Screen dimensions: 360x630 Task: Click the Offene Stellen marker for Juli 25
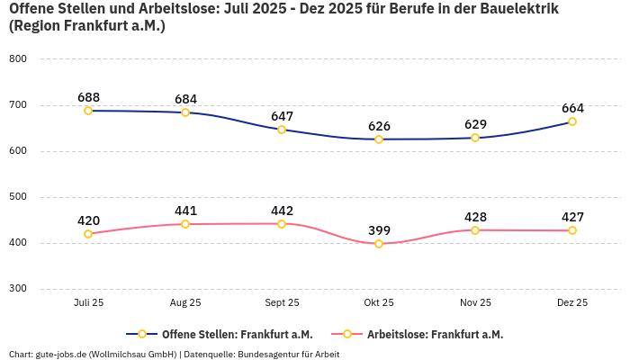(x=88, y=111)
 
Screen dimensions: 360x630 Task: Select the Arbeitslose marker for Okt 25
(x=379, y=244)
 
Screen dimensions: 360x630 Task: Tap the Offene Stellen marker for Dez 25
(x=572, y=121)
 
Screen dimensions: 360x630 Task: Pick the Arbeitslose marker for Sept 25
(x=282, y=223)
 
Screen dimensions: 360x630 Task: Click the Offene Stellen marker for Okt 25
(x=379, y=139)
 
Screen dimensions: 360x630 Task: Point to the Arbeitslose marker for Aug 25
(x=185, y=224)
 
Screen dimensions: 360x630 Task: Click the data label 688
(x=88, y=97)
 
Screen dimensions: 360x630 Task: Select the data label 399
(x=379, y=230)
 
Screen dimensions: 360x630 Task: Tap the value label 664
(x=572, y=108)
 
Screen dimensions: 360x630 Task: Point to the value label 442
(x=282, y=211)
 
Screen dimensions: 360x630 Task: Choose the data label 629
(x=475, y=124)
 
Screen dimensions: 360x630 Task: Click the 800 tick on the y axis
(x=18, y=58)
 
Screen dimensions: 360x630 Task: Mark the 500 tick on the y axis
(x=18, y=196)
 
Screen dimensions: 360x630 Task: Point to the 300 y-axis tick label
(x=18, y=289)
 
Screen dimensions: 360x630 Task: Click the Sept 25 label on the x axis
(x=282, y=303)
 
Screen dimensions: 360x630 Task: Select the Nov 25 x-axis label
(x=475, y=303)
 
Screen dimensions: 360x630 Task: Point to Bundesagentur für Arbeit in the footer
(x=287, y=354)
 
